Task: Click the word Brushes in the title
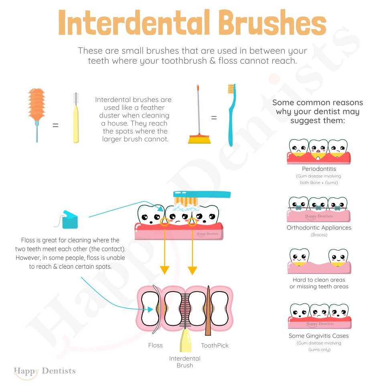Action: (272, 22)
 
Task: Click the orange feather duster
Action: (37, 105)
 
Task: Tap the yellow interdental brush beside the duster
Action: (76, 118)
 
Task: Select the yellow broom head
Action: (199, 140)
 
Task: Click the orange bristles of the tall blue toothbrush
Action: (231, 89)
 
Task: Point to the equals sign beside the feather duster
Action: (55, 125)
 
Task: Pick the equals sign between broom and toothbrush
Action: (214, 118)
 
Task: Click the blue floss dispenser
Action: (70, 219)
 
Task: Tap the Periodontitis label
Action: (319, 169)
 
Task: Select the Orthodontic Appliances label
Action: (319, 228)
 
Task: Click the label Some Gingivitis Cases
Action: (319, 336)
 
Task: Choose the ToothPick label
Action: (215, 345)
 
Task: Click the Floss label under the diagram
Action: (156, 345)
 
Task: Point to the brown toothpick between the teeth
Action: (208, 310)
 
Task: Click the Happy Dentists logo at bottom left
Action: (45, 371)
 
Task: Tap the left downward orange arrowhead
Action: (164, 270)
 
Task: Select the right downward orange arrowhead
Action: (192, 270)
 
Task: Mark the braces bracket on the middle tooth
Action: (318, 208)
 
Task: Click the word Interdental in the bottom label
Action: (185, 359)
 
